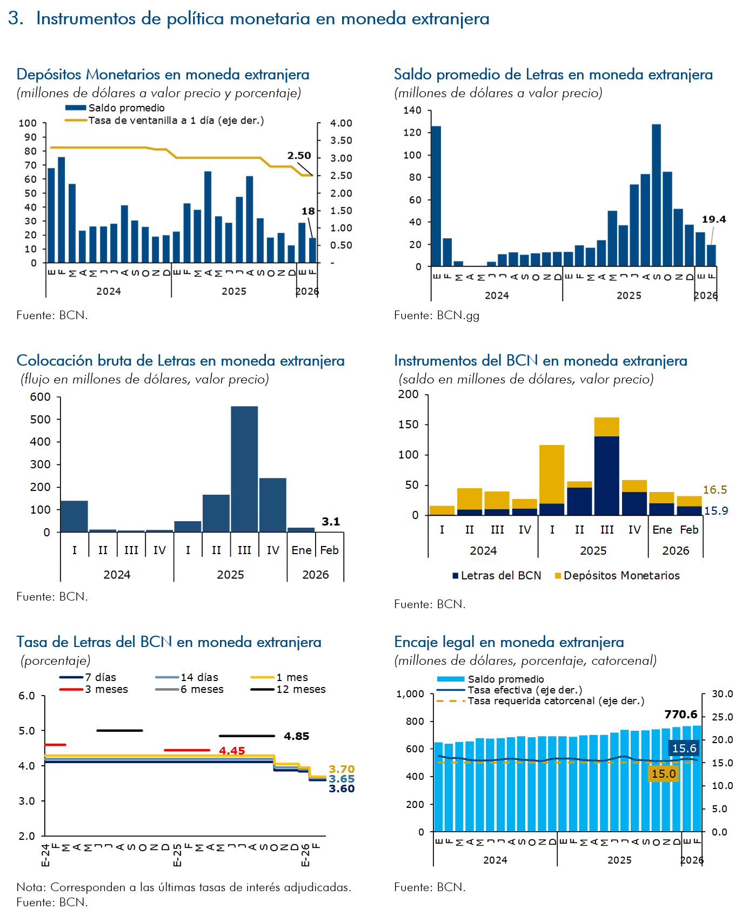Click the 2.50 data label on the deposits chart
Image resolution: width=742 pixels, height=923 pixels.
tap(299, 156)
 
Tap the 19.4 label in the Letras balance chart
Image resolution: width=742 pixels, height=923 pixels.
tap(713, 219)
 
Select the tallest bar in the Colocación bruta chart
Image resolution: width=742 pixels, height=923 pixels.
tap(244, 468)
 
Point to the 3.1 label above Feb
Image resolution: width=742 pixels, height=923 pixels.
tap(331, 522)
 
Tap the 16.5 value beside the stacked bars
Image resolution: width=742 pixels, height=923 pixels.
tap(714, 490)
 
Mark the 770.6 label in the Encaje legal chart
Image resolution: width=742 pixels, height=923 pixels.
tap(680, 715)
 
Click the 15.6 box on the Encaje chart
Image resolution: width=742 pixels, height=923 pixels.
tap(684, 749)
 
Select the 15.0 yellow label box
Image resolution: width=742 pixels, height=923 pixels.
tap(663, 774)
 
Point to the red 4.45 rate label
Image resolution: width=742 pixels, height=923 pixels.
tap(232, 751)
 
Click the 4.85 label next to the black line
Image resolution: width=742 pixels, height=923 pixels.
tap(296, 736)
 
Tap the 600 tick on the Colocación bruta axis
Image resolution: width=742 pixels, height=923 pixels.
tap(41, 397)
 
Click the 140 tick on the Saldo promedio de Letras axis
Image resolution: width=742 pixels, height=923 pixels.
tap(412, 110)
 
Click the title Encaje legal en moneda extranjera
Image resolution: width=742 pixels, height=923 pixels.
tap(509, 642)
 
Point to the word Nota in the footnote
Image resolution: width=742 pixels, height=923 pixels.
tap(31, 887)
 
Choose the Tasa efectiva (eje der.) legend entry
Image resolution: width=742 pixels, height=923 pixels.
tap(524, 690)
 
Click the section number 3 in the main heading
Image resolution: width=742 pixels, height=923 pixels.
tap(15, 18)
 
